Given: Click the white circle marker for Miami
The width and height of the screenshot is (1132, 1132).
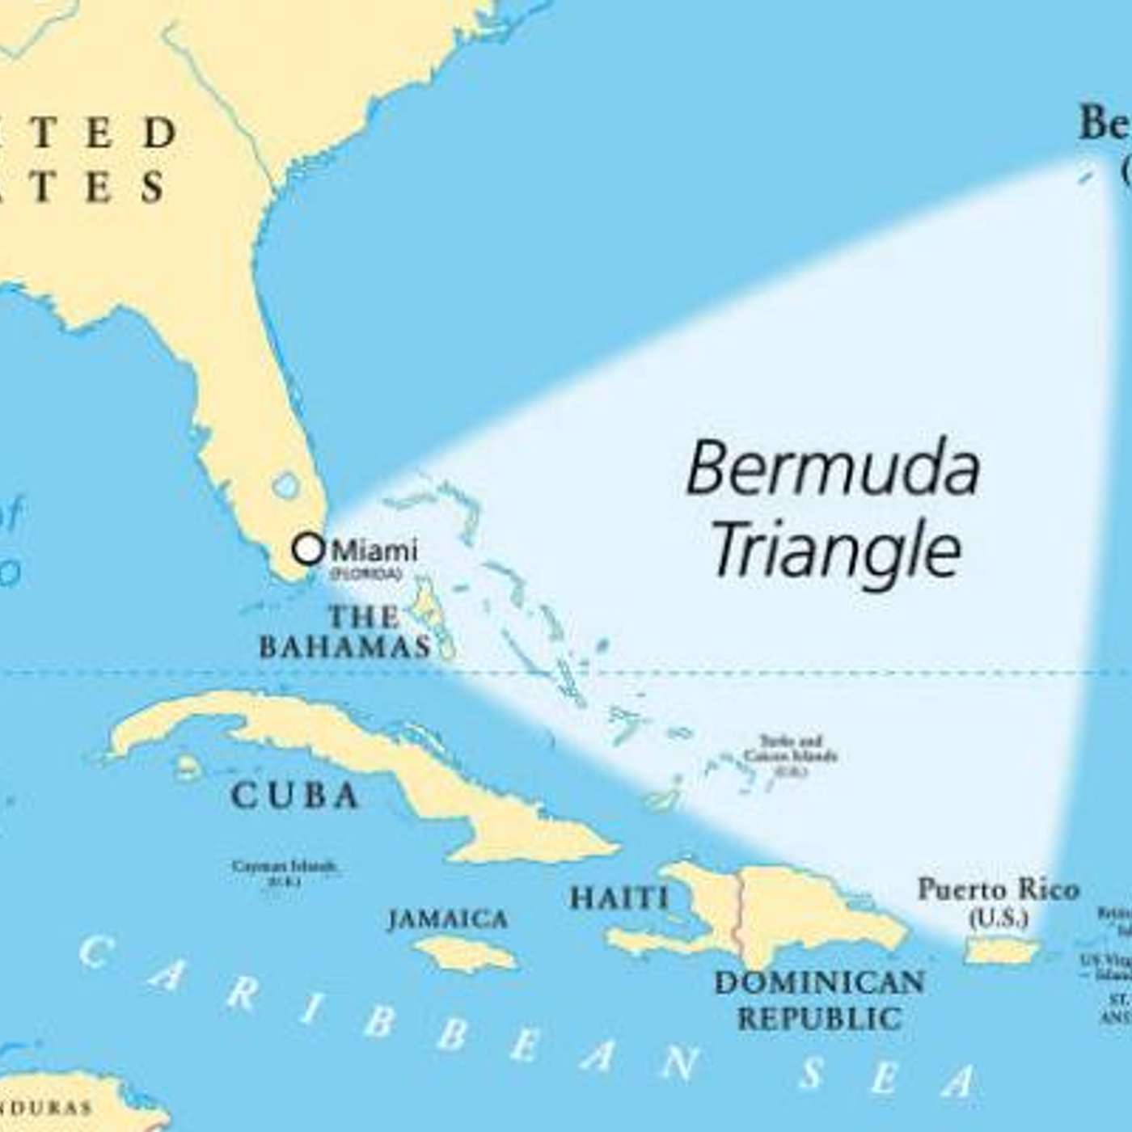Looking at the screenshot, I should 308,549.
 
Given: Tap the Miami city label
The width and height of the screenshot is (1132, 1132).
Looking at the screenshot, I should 375,551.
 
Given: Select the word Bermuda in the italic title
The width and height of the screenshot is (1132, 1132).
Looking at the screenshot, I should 833,469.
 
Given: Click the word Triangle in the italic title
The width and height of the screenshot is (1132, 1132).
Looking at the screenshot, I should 836,550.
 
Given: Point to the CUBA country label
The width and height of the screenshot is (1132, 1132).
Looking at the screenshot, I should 294,796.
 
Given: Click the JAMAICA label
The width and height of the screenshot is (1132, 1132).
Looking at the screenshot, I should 448,919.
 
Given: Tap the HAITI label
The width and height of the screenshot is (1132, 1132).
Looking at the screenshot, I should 619,898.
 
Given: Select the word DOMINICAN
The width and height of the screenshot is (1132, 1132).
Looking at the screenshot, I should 819,982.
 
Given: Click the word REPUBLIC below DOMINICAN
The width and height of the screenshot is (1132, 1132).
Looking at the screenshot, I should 819,1018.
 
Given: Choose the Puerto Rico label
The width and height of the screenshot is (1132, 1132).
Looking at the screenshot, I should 998,890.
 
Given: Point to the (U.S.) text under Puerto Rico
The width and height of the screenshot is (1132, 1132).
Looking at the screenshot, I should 999,919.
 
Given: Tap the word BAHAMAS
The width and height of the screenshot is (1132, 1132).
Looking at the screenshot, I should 344,647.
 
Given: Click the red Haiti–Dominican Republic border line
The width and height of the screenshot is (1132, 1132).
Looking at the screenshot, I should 737,914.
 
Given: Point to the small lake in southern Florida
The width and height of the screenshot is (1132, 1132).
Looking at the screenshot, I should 285,486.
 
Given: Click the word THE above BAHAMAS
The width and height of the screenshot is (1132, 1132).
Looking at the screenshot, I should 363,618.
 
